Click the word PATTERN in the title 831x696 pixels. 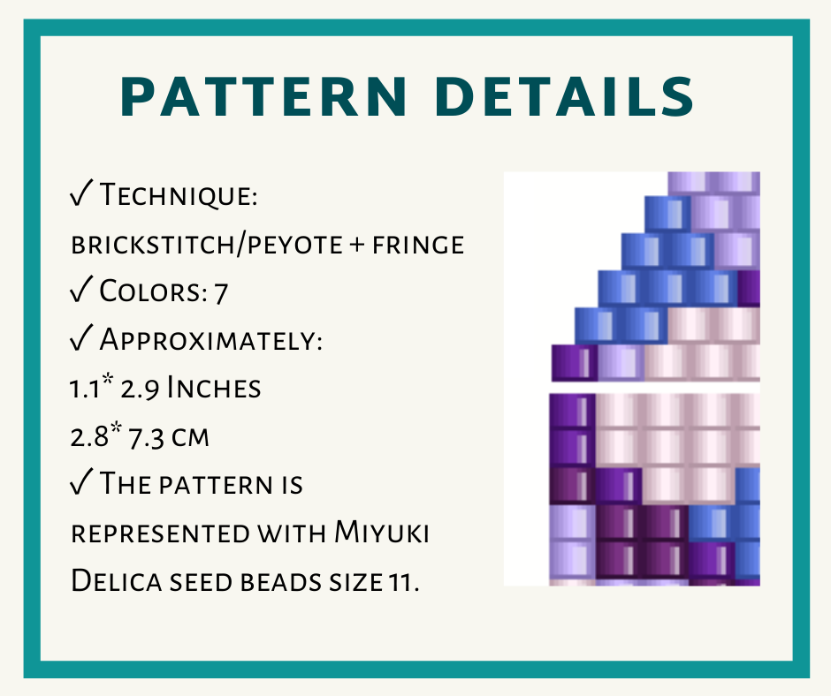(264, 96)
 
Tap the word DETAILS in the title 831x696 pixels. (564, 96)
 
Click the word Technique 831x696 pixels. (179, 195)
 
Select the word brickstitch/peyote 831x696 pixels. (207, 245)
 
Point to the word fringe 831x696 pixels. (418, 246)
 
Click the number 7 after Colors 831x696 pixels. (221, 293)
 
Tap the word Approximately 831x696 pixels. (211, 339)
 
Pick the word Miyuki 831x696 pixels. (382, 532)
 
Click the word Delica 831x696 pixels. (116, 580)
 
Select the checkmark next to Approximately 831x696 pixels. (81, 338)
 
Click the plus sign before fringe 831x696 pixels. (357, 246)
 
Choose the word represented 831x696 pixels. (159, 533)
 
